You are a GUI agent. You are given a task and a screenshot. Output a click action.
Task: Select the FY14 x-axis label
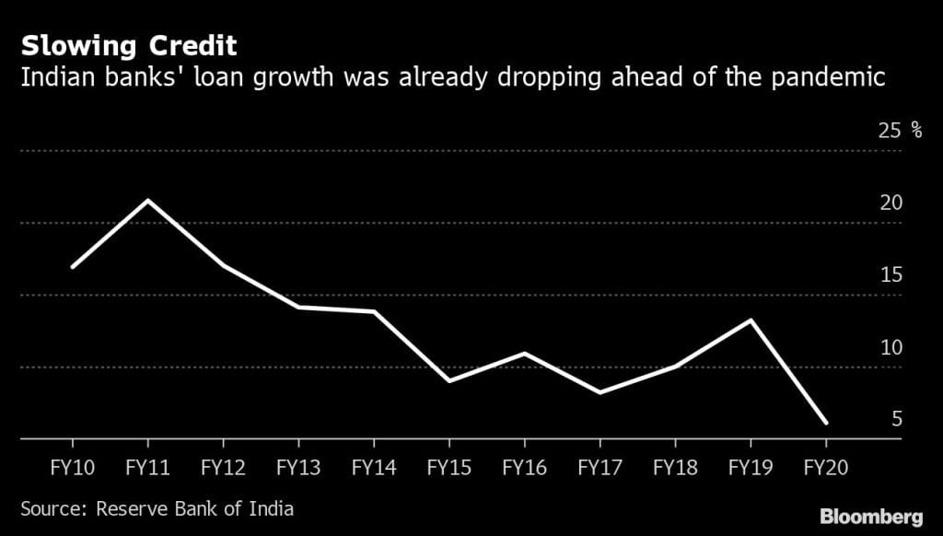373,467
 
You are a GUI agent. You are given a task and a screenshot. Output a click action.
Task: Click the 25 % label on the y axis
901,130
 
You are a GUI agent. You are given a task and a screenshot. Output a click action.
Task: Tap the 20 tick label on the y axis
891,203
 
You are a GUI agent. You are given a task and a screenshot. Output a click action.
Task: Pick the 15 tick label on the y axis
891,275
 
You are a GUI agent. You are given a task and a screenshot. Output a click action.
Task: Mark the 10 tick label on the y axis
891,347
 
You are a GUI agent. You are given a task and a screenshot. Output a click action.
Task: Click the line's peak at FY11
148,200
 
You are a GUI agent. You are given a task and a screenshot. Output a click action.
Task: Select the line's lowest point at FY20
826,423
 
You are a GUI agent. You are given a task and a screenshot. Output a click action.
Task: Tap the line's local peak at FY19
751,320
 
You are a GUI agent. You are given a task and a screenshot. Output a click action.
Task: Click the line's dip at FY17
600,392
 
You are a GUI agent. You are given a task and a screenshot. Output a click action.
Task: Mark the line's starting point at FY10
73,267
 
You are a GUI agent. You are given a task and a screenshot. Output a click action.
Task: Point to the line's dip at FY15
449,380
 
